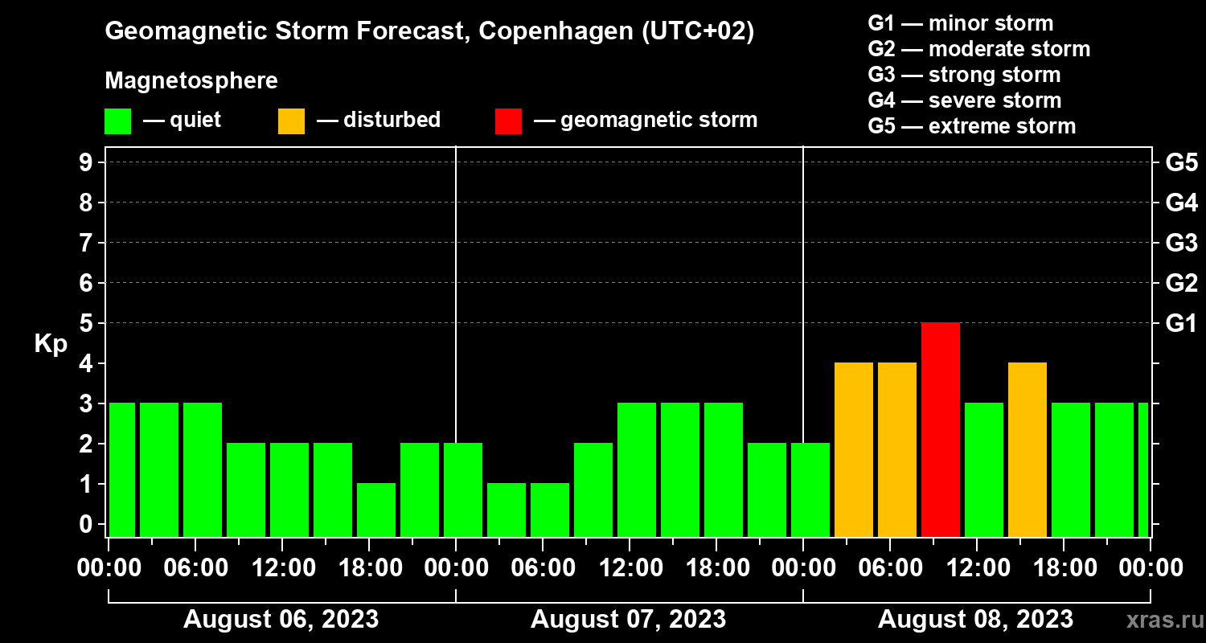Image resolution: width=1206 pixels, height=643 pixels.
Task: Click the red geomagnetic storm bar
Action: coord(941,429)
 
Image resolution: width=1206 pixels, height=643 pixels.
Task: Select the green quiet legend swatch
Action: coord(117,121)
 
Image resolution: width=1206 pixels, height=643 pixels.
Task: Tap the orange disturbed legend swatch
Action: coord(291,121)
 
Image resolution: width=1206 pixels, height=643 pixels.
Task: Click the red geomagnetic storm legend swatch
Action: coord(508,121)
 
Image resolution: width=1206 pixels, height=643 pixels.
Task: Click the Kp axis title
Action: coord(51,344)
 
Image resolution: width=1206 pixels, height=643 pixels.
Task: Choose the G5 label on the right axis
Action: coord(1181,162)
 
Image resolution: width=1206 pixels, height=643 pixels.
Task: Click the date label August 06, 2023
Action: coord(281,620)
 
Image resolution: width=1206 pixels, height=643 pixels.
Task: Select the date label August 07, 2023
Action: coord(628,620)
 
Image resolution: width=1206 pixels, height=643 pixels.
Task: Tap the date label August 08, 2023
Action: coord(975,620)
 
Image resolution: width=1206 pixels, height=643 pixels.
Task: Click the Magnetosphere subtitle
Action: coord(191,81)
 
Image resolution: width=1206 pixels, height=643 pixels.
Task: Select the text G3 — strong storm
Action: coord(964,75)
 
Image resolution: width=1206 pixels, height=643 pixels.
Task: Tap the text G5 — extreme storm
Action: coord(971,126)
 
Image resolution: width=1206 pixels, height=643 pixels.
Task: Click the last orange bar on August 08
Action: coord(1028,449)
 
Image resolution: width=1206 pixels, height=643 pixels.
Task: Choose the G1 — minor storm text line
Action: coord(960,23)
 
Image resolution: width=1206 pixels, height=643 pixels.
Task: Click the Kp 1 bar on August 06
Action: coord(376,510)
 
